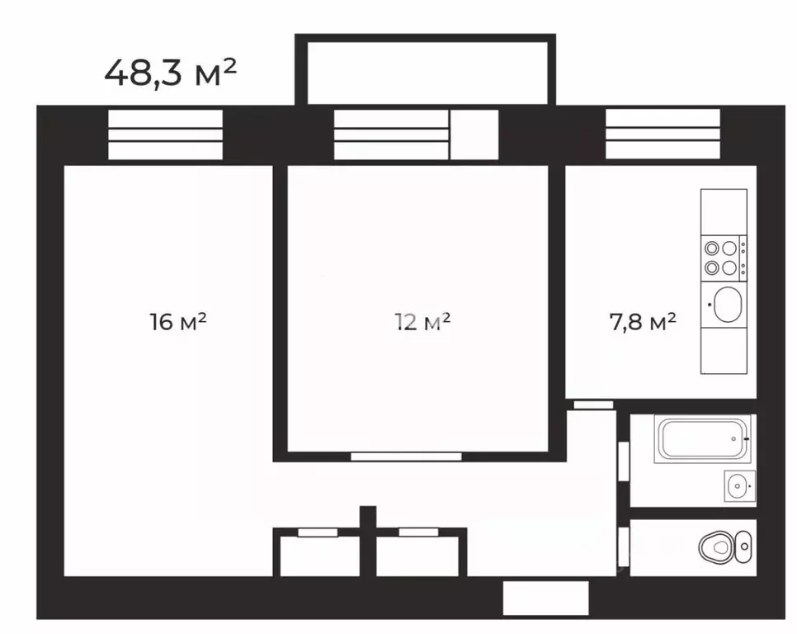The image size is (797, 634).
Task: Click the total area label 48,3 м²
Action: click(170, 73)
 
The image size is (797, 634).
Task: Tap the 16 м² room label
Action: click(178, 321)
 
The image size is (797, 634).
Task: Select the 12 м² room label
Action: click(422, 321)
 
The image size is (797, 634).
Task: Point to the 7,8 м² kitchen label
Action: click(643, 321)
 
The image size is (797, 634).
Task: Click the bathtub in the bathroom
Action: click(702, 440)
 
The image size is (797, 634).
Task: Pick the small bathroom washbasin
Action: click(739, 486)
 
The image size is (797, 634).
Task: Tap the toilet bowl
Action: click(725, 547)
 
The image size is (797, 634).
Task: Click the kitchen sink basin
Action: click(727, 305)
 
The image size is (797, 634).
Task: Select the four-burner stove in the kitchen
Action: click(724, 258)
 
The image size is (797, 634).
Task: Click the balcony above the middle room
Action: click(425, 69)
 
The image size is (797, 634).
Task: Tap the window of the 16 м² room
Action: click(165, 135)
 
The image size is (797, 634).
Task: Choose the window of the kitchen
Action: click(663, 135)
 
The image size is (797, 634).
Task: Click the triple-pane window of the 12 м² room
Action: click(391, 135)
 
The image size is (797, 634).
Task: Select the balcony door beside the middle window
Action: click(474, 135)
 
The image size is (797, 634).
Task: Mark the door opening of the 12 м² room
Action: click(406, 457)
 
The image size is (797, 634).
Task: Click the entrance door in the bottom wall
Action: click(546, 598)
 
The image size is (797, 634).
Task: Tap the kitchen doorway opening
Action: click(594, 405)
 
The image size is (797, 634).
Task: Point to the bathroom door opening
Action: click(624, 461)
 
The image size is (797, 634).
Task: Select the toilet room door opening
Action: click(624, 547)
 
